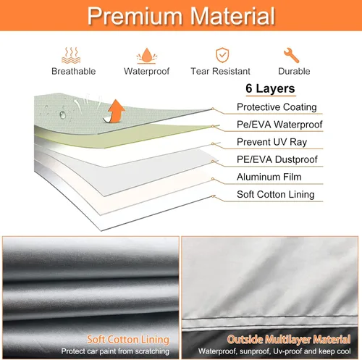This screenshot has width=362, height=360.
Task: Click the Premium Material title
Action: click(181, 16)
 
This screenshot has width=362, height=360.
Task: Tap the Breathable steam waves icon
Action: click(71, 55)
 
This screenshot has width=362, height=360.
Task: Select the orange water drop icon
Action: click(146, 56)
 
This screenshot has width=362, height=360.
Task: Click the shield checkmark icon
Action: click(222, 55)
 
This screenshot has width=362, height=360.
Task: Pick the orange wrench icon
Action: click(291, 55)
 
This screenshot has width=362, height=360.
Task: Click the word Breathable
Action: click(74, 71)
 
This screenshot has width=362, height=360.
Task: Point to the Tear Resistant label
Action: click(220, 71)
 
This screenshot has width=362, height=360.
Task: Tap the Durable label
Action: click(294, 71)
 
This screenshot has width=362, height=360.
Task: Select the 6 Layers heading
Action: click(270, 88)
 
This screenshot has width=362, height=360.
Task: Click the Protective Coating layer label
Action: click(277, 107)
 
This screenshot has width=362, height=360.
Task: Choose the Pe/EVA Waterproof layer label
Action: click(279, 125)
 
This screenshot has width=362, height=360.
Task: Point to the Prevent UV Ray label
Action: click(271, 142)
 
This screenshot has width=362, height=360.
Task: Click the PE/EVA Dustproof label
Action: click(277, 159)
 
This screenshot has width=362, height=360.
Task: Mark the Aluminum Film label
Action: click(269, 177)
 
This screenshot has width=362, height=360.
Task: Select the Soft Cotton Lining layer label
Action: click(276, 194)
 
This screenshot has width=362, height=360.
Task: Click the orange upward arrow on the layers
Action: click(115, 111)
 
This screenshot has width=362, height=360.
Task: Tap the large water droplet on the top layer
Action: click(62, 114)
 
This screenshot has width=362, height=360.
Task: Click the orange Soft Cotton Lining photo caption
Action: click(128, 340)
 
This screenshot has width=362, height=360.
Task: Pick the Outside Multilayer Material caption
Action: click(289, 340)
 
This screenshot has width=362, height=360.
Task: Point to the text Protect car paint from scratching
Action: click(115, 351)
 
